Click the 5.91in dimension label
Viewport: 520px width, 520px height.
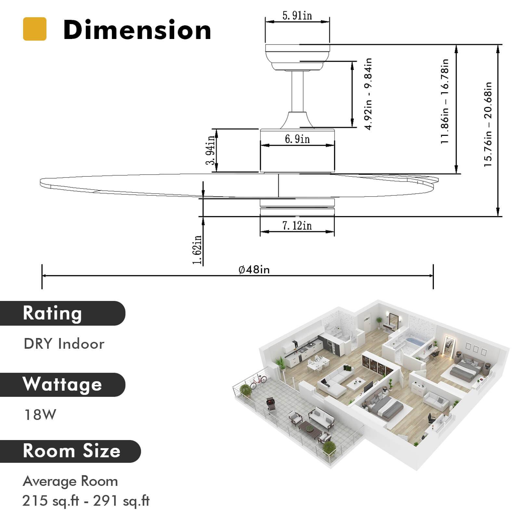pos(297,16)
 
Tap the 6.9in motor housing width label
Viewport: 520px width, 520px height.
pos(297,139)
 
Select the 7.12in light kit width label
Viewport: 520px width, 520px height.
pos(297,225)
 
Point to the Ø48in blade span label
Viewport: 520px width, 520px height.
pos(254,270)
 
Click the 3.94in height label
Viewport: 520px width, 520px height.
pos(211,150)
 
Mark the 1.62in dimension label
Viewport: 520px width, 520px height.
pos(197,249)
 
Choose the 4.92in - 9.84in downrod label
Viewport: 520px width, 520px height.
pos(368,94)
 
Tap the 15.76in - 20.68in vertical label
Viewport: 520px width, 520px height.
pos(488,124)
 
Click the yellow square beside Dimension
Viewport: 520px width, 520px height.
pos(35,29)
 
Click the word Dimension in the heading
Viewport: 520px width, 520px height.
pos(137,30)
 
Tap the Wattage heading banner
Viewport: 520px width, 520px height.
pos(62,384)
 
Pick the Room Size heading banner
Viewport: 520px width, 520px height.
pos(70,451)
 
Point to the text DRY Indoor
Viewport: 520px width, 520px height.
pos(64,344)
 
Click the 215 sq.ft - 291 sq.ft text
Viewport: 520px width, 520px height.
pos(86,501)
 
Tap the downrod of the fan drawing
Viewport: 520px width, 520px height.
pos(297,91)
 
